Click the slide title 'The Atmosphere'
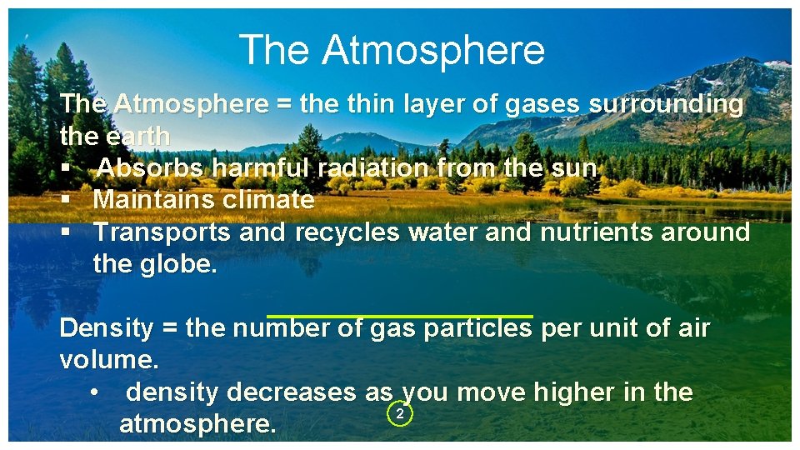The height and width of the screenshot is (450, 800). pyautogui.click(x=392, y=50)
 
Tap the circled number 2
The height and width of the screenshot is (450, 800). pyautogui.click(x=400, y=414)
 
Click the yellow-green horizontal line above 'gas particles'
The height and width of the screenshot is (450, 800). pyautogui.click(x=399, y=316)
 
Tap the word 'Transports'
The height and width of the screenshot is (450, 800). pyautogui.click(x=162, y=232)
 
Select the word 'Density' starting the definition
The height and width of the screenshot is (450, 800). pyautogui.click(x=106, y=328)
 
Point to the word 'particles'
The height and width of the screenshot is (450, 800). pyautogui.click(x=477, y=328)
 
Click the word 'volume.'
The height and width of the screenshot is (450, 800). pyautogui.click(x=108, y=361)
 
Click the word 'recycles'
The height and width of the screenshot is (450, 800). pyautogui.click(x=347, y=232)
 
